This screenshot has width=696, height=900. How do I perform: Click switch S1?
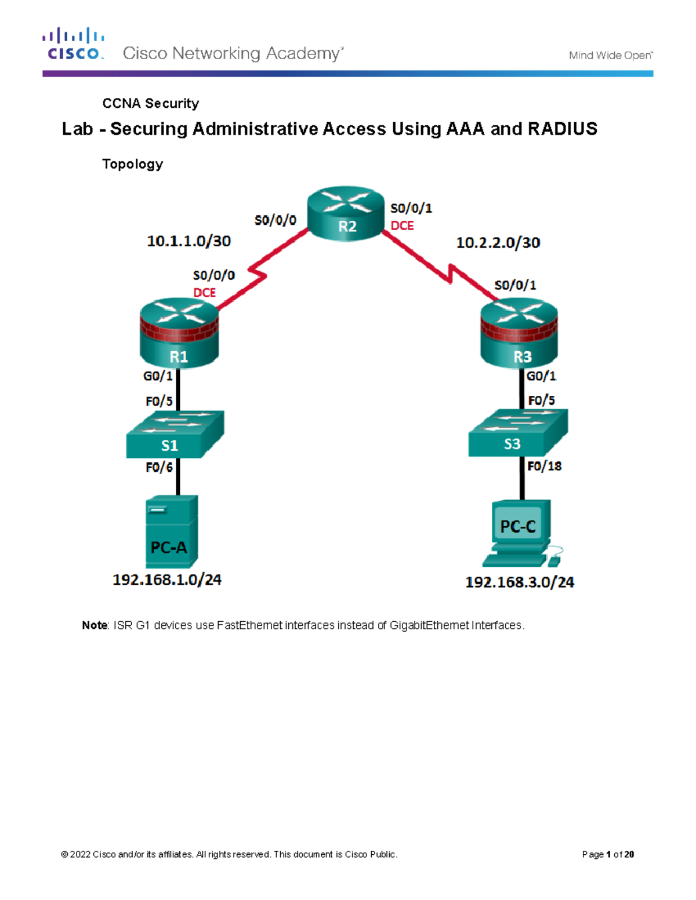tap(175, 435)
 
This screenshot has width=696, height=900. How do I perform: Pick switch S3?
tap(518, 433)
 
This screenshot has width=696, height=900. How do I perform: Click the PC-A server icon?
tap(172, 531)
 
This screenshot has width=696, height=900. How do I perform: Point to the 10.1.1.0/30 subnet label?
tap(188, 241)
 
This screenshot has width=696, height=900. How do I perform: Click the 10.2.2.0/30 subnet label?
tap(498, 243)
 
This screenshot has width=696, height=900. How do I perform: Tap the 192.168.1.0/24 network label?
tap(167, 580)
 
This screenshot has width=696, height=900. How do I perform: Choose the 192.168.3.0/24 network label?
tap(520, 582)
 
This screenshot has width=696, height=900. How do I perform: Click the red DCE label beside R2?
tap(402, 226)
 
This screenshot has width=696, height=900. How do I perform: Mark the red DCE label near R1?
tap(204, 293)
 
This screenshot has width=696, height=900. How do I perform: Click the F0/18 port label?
tap(544, 466)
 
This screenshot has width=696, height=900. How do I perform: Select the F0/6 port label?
tap(159, 467)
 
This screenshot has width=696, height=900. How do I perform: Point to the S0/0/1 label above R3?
tap(515, 285)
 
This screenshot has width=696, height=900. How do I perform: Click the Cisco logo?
tap(74, 44)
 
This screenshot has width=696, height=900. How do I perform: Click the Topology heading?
tap(132, 164)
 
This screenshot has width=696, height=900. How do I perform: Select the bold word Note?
tap(95, 625)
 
